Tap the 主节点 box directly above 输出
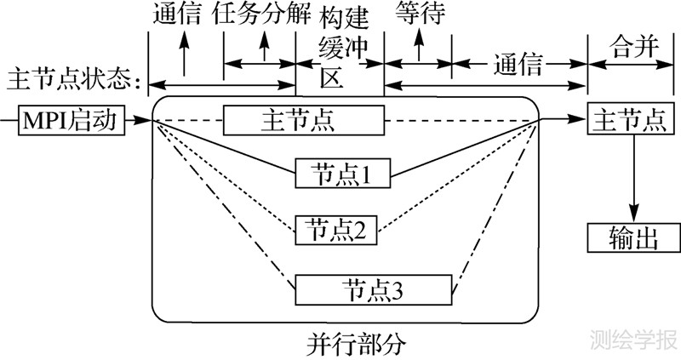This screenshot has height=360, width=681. click(629, 120)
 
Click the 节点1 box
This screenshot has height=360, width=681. click(342, 174)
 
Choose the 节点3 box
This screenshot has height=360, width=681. click(372, 289)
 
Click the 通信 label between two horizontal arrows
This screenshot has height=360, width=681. click(518, 64)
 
